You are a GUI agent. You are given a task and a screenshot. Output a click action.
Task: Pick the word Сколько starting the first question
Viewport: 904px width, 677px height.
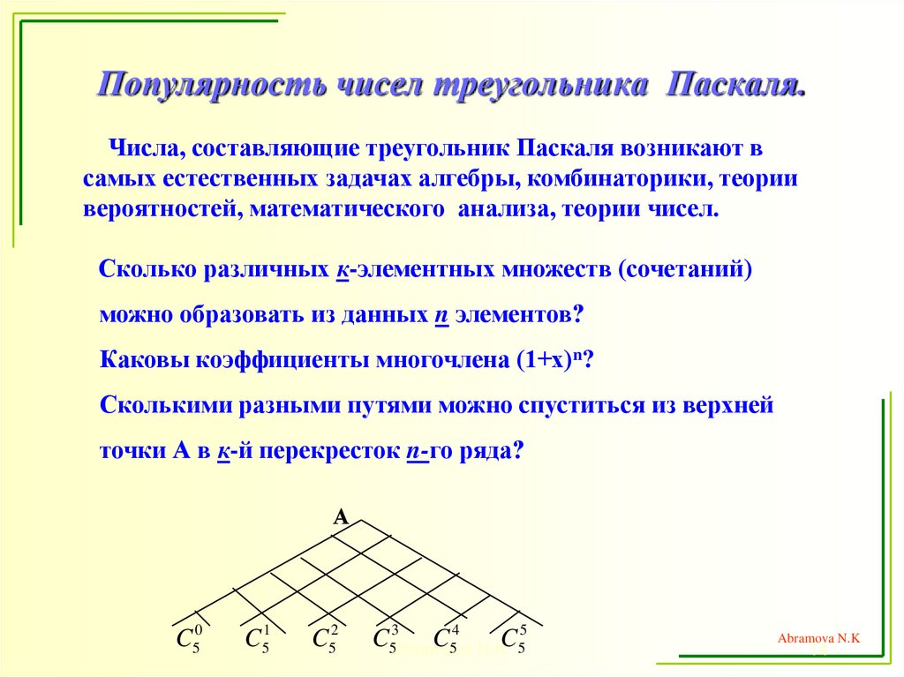tap(146, 268)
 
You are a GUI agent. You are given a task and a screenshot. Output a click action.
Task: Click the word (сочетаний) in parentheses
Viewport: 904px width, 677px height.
tap(684, 268)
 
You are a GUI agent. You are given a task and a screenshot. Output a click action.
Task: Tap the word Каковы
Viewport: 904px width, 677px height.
tap(142, 360)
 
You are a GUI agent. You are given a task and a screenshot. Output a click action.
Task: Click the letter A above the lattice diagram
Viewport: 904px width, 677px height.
tap(341, 518)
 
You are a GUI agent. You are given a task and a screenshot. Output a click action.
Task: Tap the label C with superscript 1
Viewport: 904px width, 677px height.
tap(257, 639)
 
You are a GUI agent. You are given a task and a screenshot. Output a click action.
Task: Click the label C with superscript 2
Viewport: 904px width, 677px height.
tap(324, 639)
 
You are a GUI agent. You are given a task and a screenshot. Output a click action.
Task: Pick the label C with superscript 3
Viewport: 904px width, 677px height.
tap(386, 639)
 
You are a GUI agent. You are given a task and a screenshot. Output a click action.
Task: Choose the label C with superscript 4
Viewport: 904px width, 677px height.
tap(446, 639)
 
